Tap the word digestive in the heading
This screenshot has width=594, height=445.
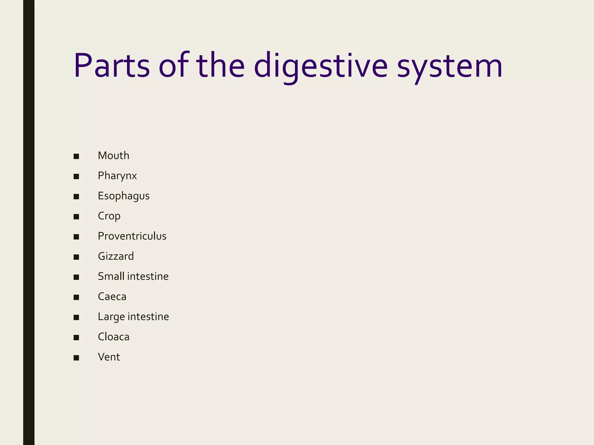pos(320,66)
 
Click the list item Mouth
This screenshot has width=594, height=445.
pos(113,156)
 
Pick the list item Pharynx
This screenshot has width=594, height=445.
pos(117,176)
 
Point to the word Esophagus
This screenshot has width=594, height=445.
pos(124,196)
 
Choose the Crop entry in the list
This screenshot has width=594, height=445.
pos(109,216)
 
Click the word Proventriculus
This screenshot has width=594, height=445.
pos(132,236)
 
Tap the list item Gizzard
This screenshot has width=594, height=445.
pos(116,256)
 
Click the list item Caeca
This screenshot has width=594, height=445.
pos(112,297)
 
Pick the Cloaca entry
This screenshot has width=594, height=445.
pos(113,337)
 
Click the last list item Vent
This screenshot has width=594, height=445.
pos(109,357)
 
